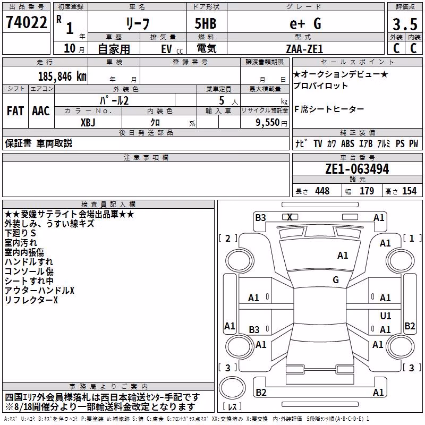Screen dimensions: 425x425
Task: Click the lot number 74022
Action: pos(26,22)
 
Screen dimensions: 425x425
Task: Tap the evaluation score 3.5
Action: pos(405,24)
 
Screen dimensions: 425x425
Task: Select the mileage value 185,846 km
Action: pos(62,76)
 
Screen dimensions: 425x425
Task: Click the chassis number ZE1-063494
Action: pos(357,169)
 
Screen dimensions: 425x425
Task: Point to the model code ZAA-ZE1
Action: pos(304,49)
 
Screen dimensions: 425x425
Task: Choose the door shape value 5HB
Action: pos(206,23)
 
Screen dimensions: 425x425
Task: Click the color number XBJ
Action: pos(88,123)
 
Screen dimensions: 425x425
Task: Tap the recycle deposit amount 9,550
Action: pos(267,122)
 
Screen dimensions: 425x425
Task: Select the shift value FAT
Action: pos(15,111)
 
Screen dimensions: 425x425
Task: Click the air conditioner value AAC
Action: pos(41,111)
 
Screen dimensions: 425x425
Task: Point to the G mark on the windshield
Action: pos(336,279)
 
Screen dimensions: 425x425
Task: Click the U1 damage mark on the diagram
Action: pos(386,316)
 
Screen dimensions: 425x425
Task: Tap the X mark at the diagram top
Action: pos(290,217)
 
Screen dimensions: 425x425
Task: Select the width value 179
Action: pos(367,191)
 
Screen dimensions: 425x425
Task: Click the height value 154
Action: pos(409,191)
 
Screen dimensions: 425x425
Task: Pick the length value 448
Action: pos(322,191)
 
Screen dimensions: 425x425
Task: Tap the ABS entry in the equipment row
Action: pos(347,143)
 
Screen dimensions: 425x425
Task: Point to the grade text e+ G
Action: pos(305,23)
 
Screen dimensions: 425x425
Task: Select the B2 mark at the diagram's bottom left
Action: pos(261,392)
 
